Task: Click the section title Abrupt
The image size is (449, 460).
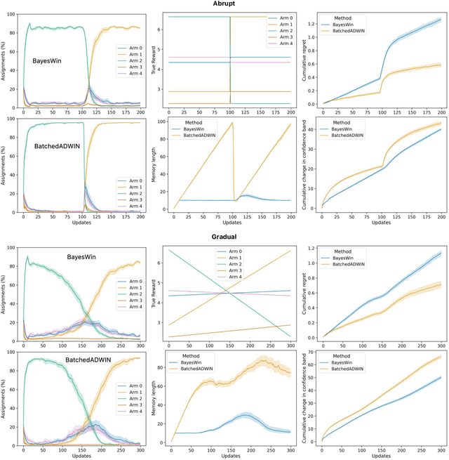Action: (x=224, y=4)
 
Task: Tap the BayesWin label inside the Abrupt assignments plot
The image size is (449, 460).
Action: (x=46, y=61)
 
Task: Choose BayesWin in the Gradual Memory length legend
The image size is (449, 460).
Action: (x=194, y=360)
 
